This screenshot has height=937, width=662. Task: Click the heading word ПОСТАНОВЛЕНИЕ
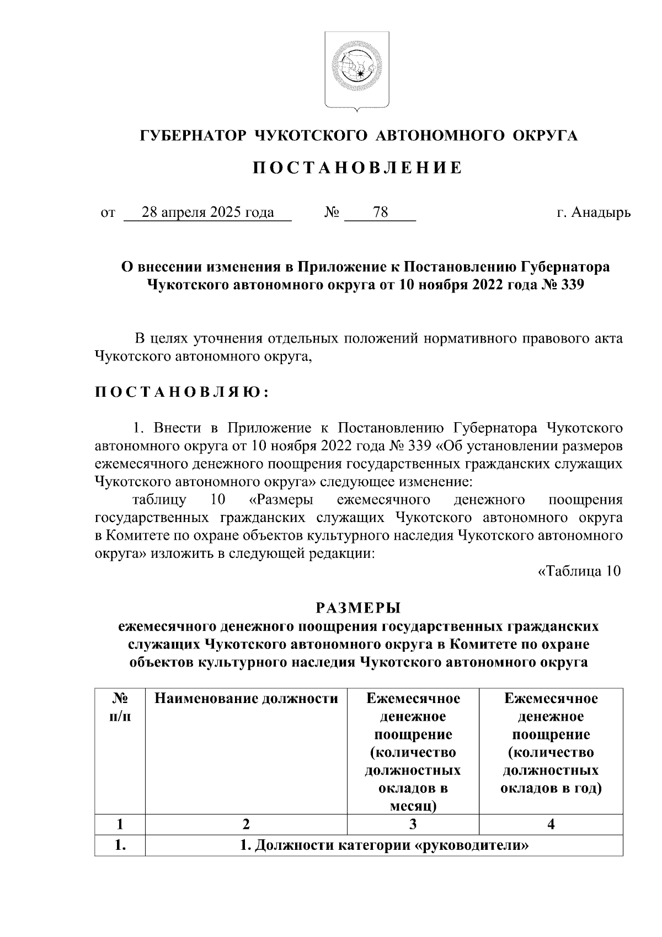(x=357, y=168)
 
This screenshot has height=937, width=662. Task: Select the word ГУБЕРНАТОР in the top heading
(x=191, y=135)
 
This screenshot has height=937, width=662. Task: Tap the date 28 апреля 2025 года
(x=207, y=212)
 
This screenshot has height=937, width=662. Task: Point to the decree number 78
(x=380, y=212)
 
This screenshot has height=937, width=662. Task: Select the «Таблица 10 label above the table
(x=579, y=571)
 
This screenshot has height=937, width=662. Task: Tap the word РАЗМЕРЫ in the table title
(x=358, y=608)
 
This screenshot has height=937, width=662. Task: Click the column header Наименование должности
(x=246, y=699)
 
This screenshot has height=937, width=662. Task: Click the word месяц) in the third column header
(x=413, y=806)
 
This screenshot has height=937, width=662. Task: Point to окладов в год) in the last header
(x=551, y=788)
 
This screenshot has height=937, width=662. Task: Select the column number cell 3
(x=413, y=824)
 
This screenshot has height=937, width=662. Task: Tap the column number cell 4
(x=551, y=824)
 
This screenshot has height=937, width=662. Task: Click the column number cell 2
(x=246, y=824)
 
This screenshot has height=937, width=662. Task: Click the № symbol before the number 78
(x=332, y=212)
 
